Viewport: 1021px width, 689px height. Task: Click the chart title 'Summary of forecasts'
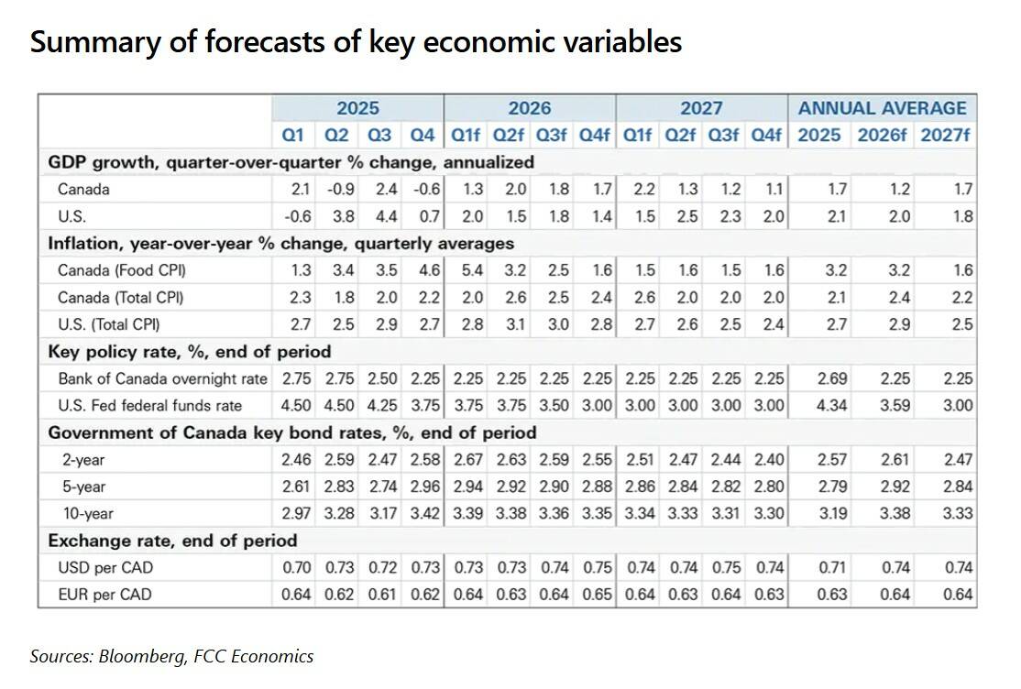tap(356, 42)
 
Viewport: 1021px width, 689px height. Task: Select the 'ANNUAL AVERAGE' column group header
tap(882, 108)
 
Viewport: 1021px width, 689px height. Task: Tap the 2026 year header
tap(530, 108)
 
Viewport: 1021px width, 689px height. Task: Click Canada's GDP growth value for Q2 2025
tap(336, 190)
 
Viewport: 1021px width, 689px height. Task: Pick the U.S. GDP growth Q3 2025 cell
tap(379, 217)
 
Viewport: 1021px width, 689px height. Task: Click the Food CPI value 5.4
tap(467, 270)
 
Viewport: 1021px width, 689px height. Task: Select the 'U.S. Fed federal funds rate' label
tap(149, 406)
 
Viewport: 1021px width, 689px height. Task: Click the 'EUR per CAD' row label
tap(104, 595)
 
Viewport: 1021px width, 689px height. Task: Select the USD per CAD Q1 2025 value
tap(297, 568)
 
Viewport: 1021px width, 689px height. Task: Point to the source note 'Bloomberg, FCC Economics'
tap(171, 656)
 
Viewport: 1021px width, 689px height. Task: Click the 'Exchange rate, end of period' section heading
tap(172, 541)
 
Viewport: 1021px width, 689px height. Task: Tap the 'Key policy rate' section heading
tap(189, 352)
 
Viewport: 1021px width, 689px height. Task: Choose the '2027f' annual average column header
tap(947, 136)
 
